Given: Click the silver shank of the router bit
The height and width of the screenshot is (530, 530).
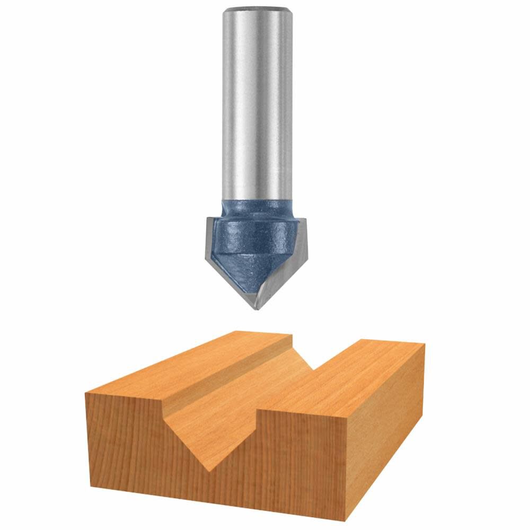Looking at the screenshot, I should tap(258, 106).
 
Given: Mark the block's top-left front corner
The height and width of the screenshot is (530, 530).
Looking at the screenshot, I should tap(86, 393).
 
